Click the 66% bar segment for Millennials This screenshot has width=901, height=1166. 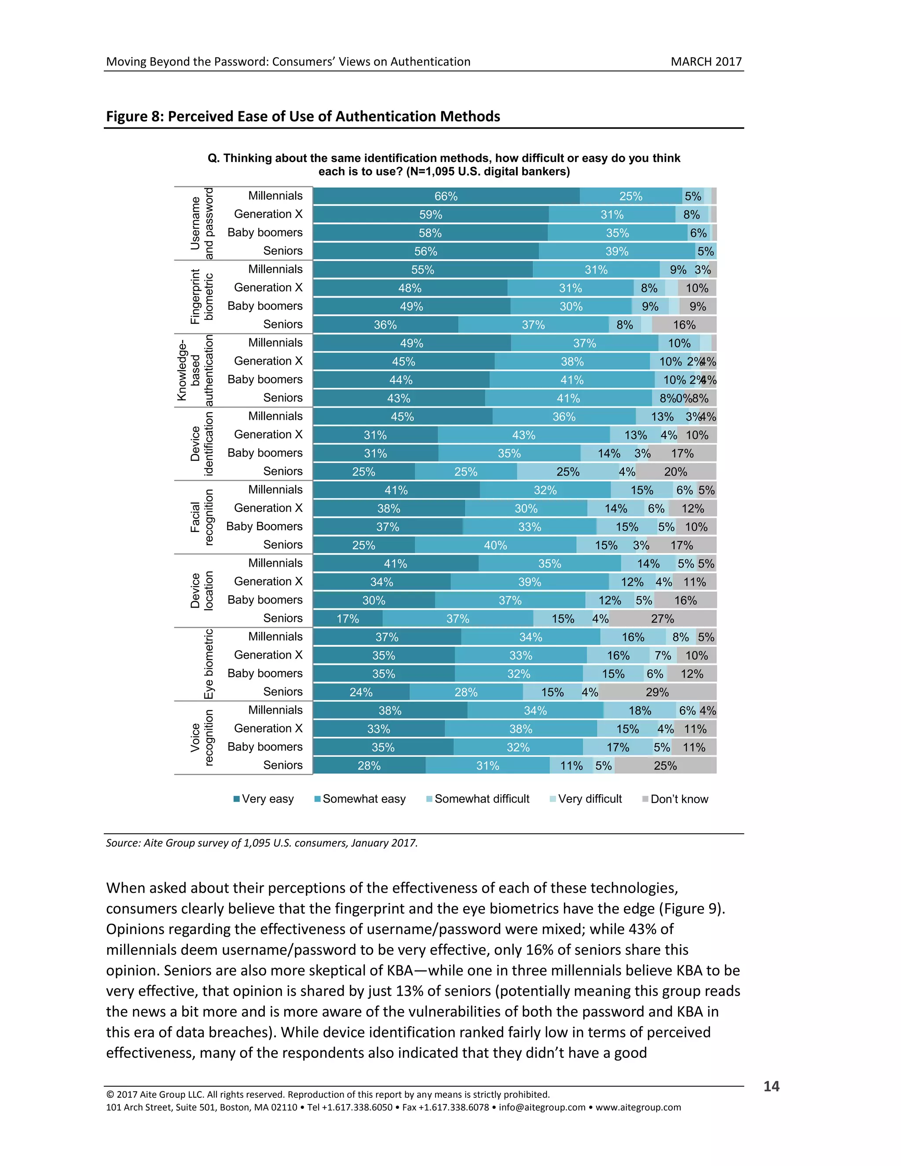pyautogui.click(x=446, y=196)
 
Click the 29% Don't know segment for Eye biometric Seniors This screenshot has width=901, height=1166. pyautogui.click(x=657, y=692)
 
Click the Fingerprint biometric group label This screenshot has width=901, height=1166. pyautogui.click(x=202, y=297)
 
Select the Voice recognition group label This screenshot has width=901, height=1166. pyautogui.click(x=202, y=738)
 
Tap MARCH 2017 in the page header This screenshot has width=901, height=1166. pyautogui.click(x=706, y=62)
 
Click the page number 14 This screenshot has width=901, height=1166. pyautogui.click(x=771, y=1086)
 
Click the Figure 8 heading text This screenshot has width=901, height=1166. pyautogui.click(x=303, y=117)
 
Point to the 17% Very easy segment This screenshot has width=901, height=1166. pyautogui.click(x=348, y=618)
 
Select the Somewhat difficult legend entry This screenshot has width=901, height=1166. pyautogui.click(x=478, y=799)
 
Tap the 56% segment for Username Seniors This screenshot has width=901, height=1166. pyautogui.click(x=425, y=251)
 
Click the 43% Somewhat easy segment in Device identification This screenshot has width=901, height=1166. pyautogui.click(x=523, y=435)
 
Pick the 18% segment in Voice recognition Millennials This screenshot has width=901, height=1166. pyautogui.click(x=639, y=710)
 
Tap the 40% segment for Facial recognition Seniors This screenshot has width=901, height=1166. pyautogui.click(x=495, y=545)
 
